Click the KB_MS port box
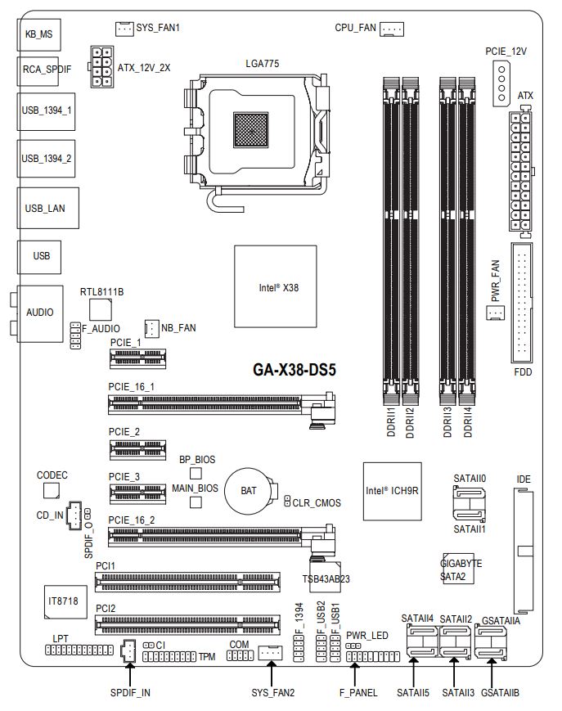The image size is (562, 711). tap(38, 35)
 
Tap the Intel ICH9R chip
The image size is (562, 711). tap(392, 491)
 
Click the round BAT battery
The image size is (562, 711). tap(248, 490)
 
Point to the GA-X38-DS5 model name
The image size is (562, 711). tap(294, 370)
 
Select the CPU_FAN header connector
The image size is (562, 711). tap(392, 29)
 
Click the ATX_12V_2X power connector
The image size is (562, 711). tap(103, 67)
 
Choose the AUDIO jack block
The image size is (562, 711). tap(39, 313)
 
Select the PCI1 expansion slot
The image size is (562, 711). tap(187, 582)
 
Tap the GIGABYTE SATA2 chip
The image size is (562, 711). tap(461, 569)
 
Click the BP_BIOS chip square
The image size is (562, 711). tap(196, 474)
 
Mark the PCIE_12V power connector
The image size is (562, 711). tap(505, 83)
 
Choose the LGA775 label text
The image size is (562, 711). tap(262, 63)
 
